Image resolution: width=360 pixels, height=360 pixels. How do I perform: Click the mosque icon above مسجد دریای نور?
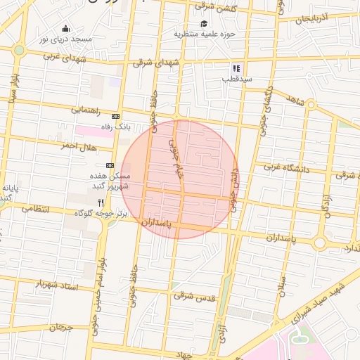pyautogui.click(x=66, y=29)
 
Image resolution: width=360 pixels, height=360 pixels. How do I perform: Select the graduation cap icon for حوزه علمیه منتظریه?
pyautogui.click(x=204, y=23)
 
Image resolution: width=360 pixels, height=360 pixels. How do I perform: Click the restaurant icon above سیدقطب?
pyautogui.click(x=236, y=68)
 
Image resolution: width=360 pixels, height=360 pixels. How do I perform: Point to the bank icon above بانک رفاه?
pyautogui.click(x=115, y=116)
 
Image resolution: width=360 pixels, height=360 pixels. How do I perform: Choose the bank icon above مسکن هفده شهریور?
pyautogui.click(x=110, y=165)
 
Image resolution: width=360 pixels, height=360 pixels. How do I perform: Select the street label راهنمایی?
pyautogui.click(x=86, y=110)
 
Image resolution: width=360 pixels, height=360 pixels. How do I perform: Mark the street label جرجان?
pyautogui.click(x=60, y=327)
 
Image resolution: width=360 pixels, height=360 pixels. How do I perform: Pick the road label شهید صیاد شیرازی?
pyautogui.click(x=319, y=302)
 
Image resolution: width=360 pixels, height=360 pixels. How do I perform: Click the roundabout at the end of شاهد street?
pyautogui.click(x=311, y=106)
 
